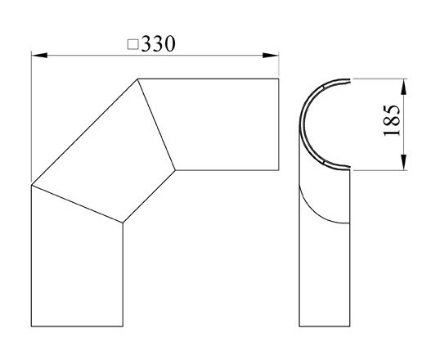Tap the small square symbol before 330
133,45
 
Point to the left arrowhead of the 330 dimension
37,56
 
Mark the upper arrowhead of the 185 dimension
402,83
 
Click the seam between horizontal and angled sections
156,124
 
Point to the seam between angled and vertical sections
77,204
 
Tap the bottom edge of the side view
325,326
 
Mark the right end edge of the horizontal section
278,124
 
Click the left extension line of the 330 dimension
31,115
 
